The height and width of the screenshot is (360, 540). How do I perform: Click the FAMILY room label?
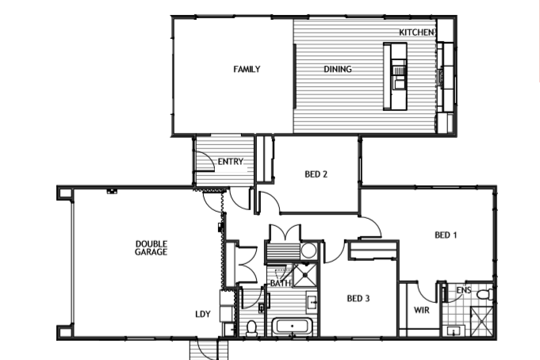point(247,69)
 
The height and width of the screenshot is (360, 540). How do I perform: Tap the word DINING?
point(338,69)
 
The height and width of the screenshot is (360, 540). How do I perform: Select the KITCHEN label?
point(416,33)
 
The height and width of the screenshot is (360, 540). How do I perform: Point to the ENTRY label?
point(231,162)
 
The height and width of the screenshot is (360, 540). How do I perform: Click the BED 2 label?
point(316,174)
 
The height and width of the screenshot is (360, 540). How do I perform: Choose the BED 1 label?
point(446,236)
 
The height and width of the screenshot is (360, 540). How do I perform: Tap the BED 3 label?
point(358,298)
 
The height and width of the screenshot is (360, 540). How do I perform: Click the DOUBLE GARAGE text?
point(151,248)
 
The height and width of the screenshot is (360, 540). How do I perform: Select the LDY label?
point(203,314)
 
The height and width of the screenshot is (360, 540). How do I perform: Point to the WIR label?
point(422,310)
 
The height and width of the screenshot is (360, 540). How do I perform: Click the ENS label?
point(464,290)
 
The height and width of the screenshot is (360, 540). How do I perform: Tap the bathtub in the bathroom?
point(293,326)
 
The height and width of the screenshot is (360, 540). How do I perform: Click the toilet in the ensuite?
point(485,294)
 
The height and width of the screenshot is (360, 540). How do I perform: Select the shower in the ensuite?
point(482,321)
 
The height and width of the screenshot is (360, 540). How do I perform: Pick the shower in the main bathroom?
point(305,275)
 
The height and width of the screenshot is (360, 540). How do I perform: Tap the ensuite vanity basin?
point(454,331)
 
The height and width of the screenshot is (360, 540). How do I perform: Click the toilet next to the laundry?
point(251,328)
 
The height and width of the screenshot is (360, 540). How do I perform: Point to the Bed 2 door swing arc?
point(270,201)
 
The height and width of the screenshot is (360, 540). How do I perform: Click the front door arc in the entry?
point(207,160)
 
